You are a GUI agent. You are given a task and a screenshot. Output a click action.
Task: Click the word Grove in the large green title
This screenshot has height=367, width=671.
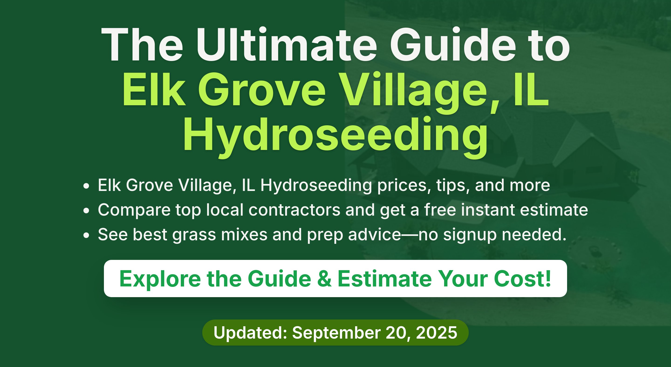[262, 90]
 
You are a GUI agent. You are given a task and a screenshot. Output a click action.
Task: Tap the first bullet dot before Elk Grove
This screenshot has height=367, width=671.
[86, 186]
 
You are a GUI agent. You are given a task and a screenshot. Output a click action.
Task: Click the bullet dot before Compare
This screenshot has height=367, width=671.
[86, 211]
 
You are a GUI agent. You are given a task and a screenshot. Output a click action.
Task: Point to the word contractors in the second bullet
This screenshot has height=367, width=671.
[294, 210]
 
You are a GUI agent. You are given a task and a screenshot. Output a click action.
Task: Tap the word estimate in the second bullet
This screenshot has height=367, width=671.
[554, 210]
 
